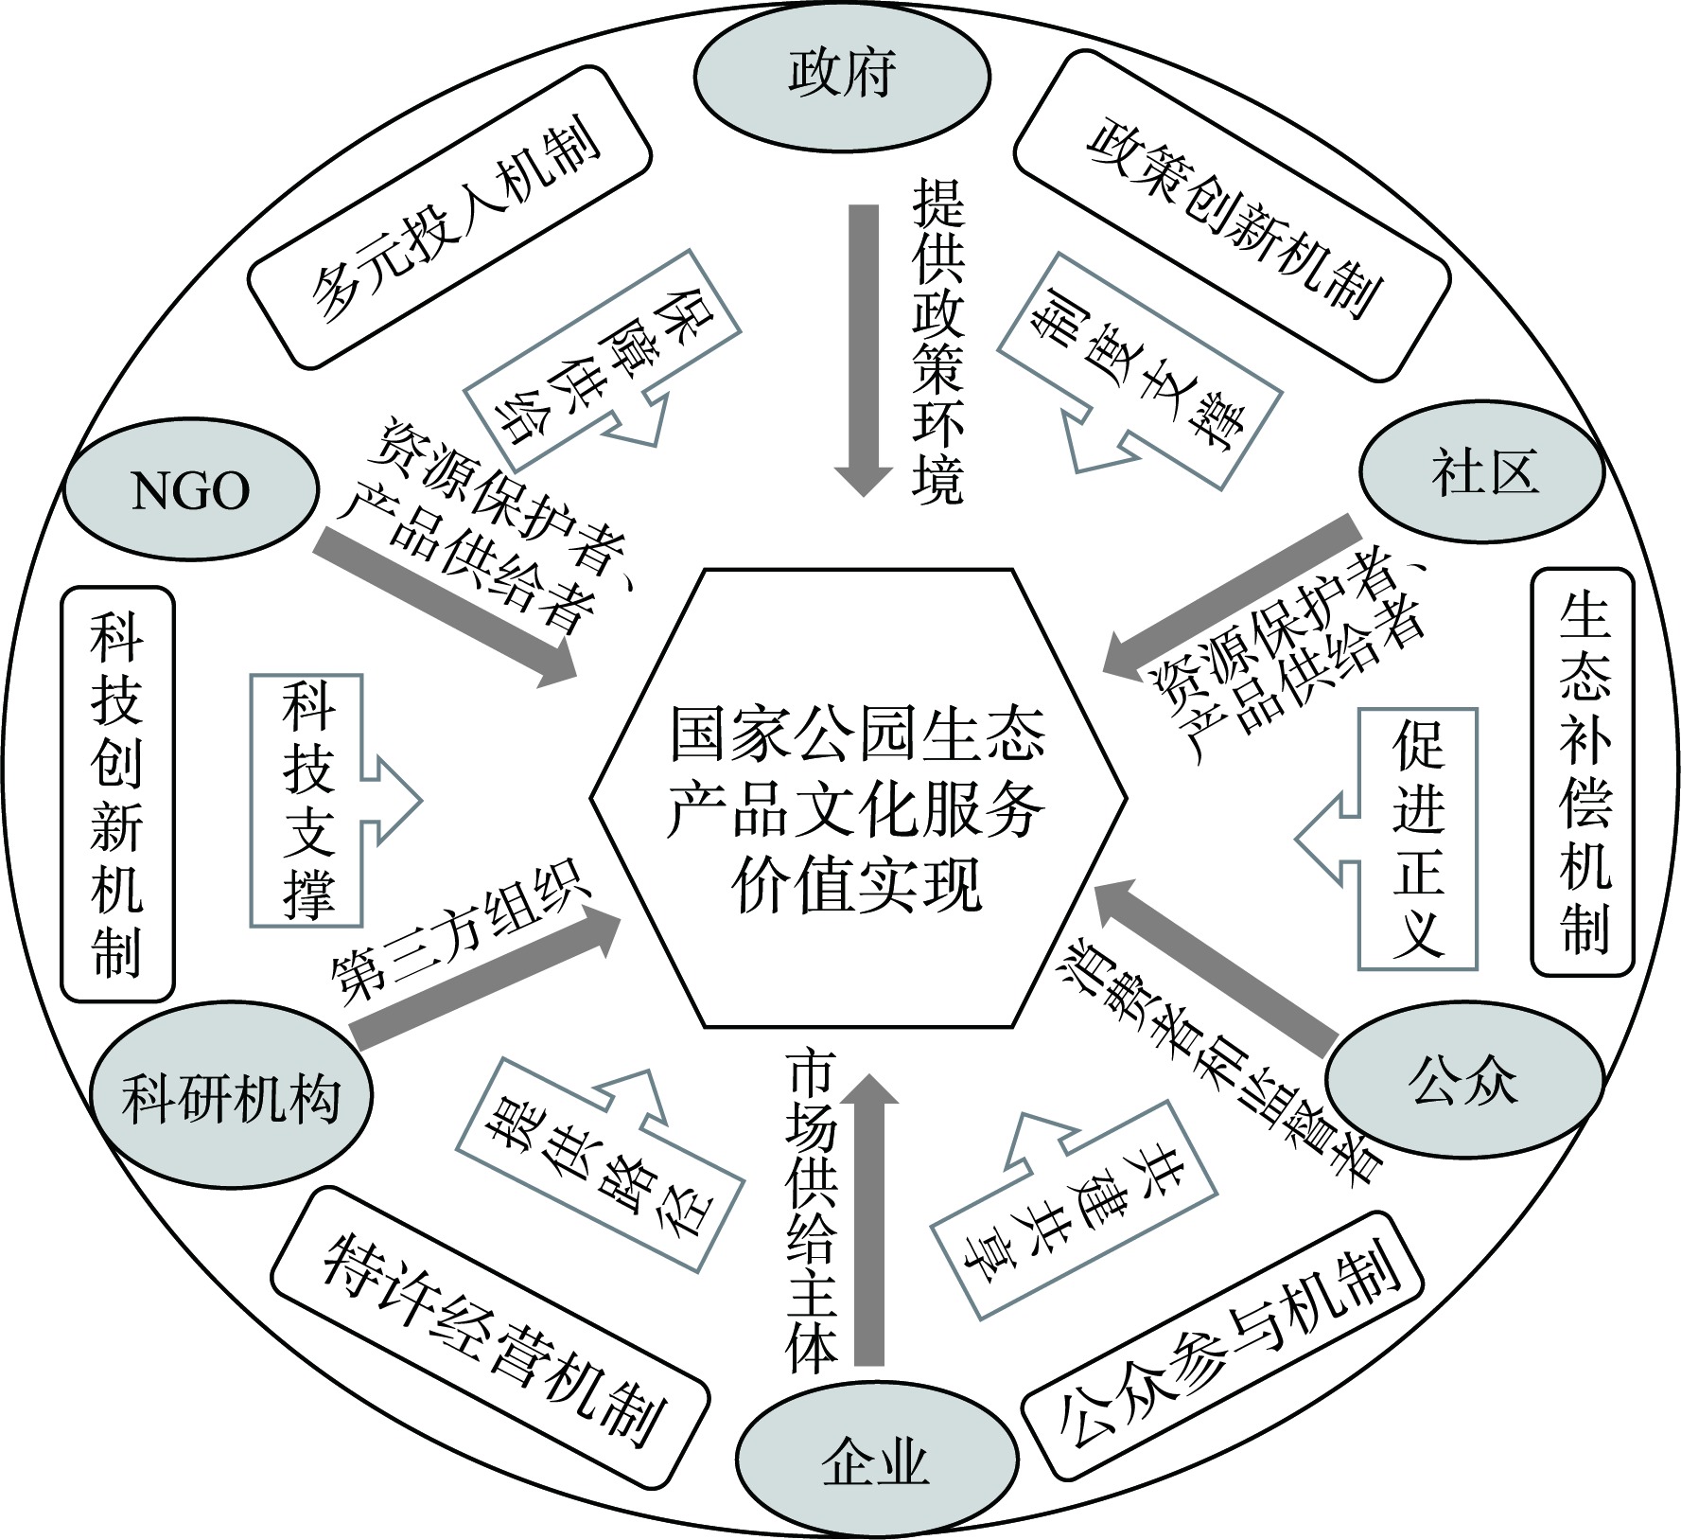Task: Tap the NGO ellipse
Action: point(190,491)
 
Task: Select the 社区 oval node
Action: point(1482,472)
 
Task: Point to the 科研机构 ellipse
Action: point(232,1099)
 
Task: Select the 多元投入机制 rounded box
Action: point(449,217)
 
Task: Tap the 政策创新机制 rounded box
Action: point(1232,217)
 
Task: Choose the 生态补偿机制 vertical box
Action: point(1583,771)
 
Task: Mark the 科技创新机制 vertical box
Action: point(117,794)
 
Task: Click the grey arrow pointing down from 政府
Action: point(863,345)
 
